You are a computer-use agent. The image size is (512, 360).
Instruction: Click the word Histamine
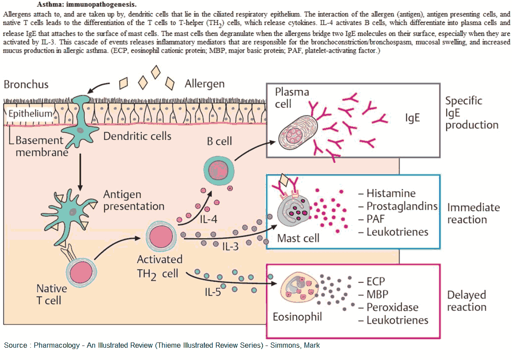pyautogui.click(x=390, y=193)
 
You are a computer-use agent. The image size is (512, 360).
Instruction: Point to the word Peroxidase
pyautogui.click(x=392, y=307)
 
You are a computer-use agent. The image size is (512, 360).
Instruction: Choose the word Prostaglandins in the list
pyautogui.click(x=401, y=206)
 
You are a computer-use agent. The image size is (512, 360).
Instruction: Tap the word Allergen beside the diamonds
pyautogui.click(x=204, y=84)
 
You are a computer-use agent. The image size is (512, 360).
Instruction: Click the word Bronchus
pyautogui.click(x=26, y=84)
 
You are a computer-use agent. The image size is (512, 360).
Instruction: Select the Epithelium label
pyautogui.click(x=30, y=114)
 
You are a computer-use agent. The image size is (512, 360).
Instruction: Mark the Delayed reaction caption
pyautogui.click(x=467, y=301)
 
